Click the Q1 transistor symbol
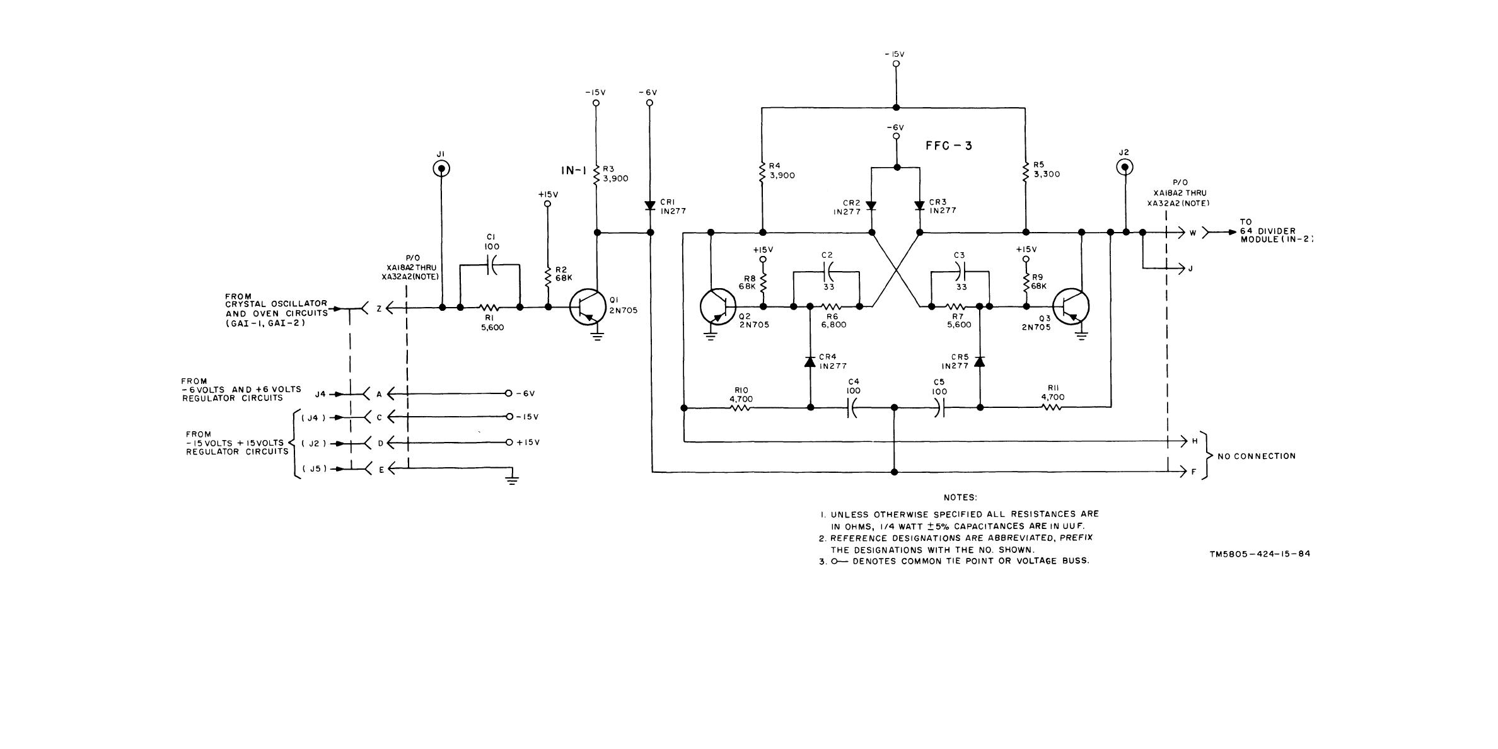click(588, 307)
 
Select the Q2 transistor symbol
click(718, 307)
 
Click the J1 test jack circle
click(441, 168)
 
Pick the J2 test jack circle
click(1124, 167)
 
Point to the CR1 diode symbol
click(650, 206)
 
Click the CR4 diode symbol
click(811, 363)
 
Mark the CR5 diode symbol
click(980, 362)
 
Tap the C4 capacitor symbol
click(851, 408)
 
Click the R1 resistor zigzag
click(489, 308)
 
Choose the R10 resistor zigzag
click(740, 408)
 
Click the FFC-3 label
click(948, 146)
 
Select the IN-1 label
click(574, 170)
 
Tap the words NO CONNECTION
click(1257, 456)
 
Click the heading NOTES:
click(960, 498)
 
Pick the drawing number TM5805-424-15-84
click(1260, 554)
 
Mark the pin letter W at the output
click(1193, 233)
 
